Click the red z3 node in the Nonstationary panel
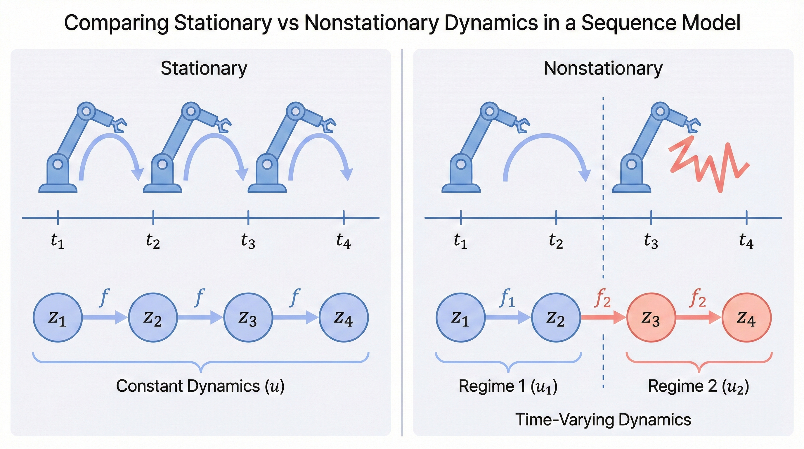(x=651, y=317)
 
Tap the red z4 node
(x=746, y=317)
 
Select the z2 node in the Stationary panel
(x=153, y=317)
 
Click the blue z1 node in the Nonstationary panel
(x=461, y=317)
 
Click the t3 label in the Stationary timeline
(x=248, y=241)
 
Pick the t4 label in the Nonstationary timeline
(x=746, y=241)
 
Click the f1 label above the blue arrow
(x=507, y=298)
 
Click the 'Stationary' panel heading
(x=204, y=68)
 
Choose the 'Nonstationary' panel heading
(x=603, y=68)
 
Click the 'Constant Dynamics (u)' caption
(x=200, y=386)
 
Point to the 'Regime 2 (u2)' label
(x=699, y=386)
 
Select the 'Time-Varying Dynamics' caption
(x=603, y=419)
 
